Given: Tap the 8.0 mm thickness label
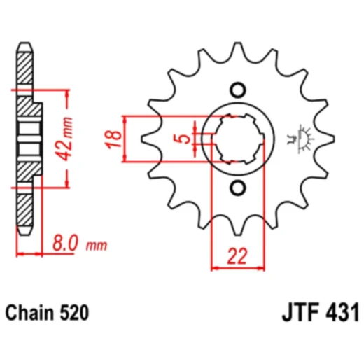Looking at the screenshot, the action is tap(80, 243).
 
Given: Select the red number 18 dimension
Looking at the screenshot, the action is tap(113, 139).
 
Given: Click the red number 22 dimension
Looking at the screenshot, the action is tap(237, 256).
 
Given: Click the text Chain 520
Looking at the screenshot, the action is tap(47, 313).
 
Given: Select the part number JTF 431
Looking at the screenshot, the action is tap(321, 313).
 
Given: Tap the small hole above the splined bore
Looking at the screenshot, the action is tap(238, 90).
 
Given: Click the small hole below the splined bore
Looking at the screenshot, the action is tap(238, 188).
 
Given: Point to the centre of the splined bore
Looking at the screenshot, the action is tap(238, 139).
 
